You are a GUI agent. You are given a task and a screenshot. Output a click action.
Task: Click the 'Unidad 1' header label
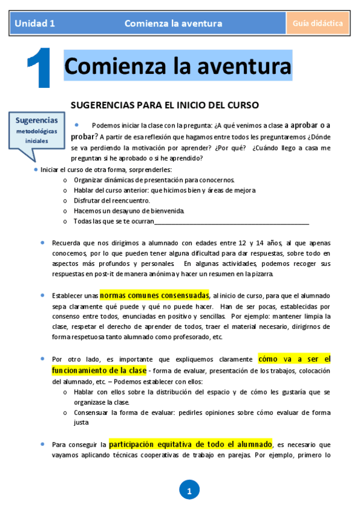(x=35, y=23)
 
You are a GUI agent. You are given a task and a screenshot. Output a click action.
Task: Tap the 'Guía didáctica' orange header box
(x=318, y=23)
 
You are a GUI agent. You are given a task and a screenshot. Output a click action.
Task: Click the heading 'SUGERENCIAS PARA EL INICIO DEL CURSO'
(x=165, y=105)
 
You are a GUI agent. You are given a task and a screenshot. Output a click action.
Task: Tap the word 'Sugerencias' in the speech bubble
(x=37, y=120)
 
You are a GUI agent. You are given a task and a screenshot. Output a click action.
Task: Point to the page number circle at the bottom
(x=189, y=491)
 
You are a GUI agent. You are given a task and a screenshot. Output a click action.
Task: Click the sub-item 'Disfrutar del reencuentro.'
(x=112, y=200)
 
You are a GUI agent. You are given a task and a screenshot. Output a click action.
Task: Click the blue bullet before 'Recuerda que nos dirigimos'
(x=42, y=242)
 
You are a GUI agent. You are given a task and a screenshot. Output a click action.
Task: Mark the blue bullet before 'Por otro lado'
(x=42, y=358)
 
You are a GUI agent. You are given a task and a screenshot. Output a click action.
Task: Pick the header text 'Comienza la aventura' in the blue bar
(x=173, y=23)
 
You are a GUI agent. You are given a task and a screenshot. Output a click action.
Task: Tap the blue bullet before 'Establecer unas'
(x=42, y=295)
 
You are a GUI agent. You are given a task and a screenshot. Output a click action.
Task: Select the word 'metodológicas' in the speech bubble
(x=37, y=130)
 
